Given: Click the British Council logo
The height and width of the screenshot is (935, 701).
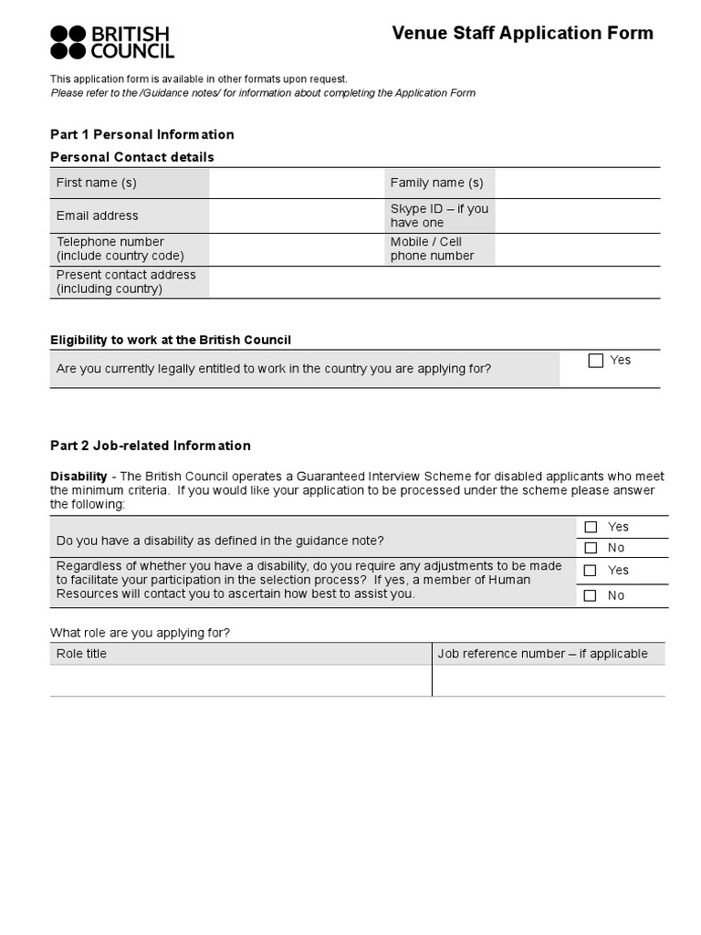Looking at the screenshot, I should click(x=111, y=42).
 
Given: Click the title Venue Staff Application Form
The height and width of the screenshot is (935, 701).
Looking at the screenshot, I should click(x=522, y=34).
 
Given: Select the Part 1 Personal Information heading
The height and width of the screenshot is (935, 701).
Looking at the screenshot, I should click(x=141, y=134).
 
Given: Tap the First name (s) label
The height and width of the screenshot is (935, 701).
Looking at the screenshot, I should click(x=96, y=183).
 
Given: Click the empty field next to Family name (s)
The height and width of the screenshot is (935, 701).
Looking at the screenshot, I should click(x=577, y=183).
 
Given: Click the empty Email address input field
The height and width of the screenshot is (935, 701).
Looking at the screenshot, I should click(x=296, y=215).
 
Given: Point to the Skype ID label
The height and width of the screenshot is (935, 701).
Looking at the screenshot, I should click(x=439, y=215).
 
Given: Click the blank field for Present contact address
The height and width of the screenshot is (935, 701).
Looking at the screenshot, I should click(x=434, y=282).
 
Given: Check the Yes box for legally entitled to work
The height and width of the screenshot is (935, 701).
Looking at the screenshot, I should click(x=596, y=361).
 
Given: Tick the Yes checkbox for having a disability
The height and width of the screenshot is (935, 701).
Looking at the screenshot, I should click(x=591, y=527).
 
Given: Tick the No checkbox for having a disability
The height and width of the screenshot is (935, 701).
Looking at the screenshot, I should click(x=591, y=549).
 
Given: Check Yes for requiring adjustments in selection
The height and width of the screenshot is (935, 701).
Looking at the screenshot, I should click(x=591, y=571).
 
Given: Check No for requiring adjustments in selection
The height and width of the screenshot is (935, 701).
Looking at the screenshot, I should click(x=591, y=595).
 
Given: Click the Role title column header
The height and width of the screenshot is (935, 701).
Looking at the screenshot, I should click(x=81, y=654).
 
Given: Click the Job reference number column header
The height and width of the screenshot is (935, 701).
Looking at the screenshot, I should click(x=542, y=654).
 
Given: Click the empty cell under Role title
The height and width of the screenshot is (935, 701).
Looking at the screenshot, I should click(x=240, y=680).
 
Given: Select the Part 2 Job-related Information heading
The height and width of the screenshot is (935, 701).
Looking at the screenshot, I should click(x=150, y=446).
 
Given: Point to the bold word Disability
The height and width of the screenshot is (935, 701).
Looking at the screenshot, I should click(x=78, y=477).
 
